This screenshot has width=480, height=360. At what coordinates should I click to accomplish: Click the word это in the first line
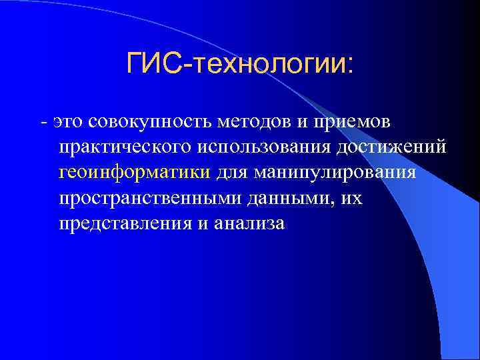coord(67,123)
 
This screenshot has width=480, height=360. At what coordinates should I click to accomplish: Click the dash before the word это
coord(43,123)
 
